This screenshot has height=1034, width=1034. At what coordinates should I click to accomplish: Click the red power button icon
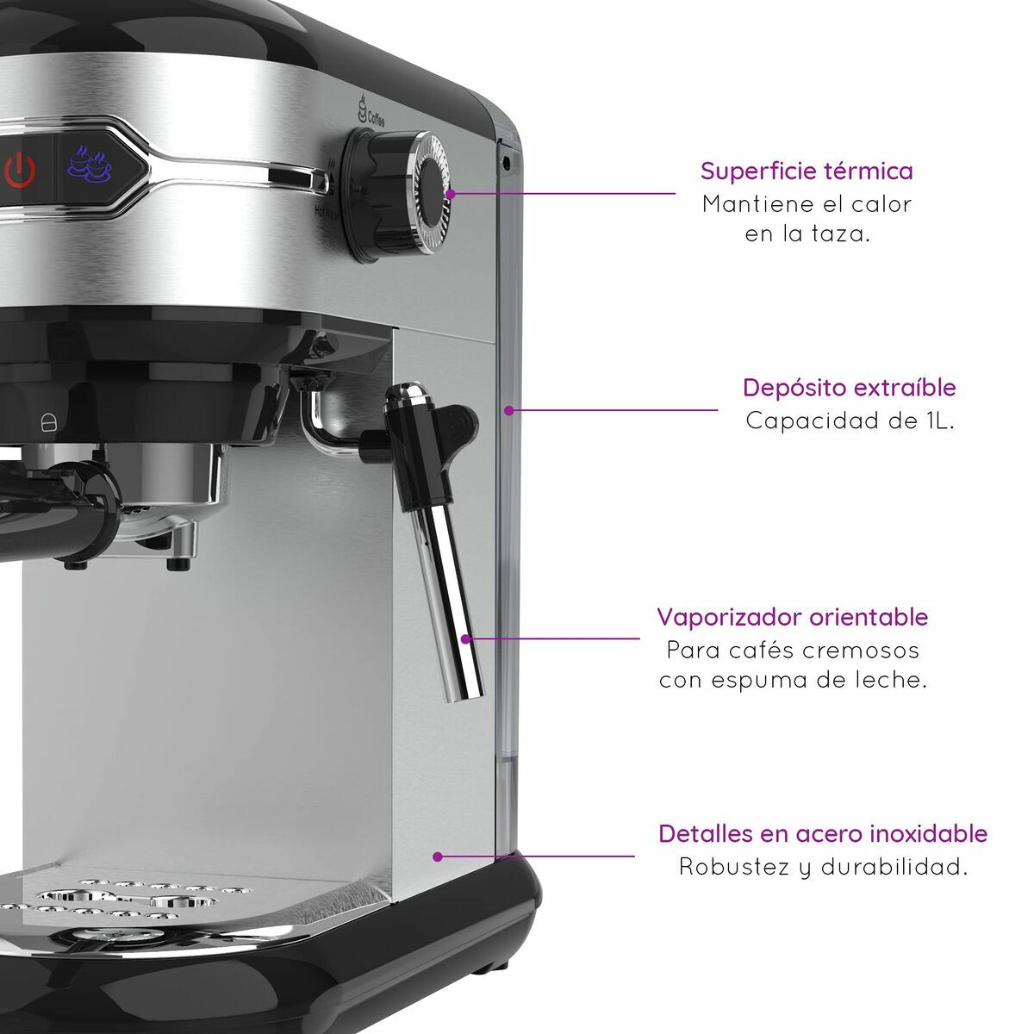coord(19,170)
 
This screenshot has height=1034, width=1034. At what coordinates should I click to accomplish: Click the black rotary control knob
coord(396,192)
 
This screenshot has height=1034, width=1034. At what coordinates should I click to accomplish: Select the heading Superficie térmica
coord(807,171)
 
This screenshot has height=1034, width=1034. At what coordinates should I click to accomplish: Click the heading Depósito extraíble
coord(849,387)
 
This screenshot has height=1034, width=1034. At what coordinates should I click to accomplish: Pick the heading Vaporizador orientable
coord(793,617)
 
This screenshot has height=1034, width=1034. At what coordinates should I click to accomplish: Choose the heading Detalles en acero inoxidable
coord(823,834)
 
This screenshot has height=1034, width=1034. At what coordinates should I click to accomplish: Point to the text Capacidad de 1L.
coord(850,420)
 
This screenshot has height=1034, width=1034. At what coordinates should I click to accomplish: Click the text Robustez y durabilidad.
coord(823,867)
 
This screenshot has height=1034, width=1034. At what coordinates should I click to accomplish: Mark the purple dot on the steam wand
coord(465,639)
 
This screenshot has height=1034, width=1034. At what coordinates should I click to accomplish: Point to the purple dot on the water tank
coord(508,410)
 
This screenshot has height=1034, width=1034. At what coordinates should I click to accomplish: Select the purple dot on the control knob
coord(451,194)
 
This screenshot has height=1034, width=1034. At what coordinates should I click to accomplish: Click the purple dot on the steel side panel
coord(438,856)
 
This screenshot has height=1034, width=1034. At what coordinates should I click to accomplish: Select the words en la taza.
coord(807,234)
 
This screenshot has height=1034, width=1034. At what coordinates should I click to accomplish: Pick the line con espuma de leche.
coord(793,681)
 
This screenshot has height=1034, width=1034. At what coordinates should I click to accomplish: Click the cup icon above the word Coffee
coord(362,108)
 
